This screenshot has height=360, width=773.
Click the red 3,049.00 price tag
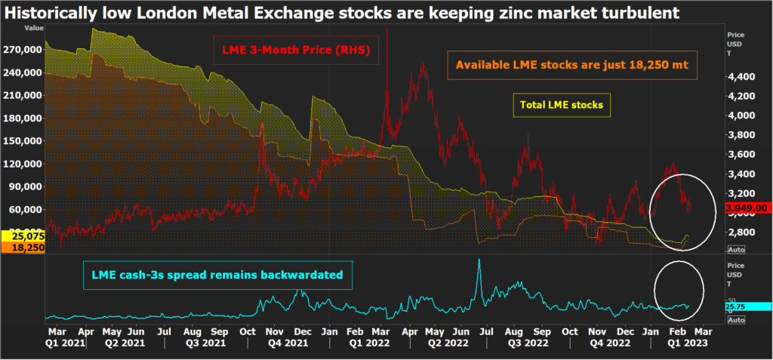[x=746, y=208]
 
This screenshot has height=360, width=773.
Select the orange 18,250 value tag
[x=22, y=247]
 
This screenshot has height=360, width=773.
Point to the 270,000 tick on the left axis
[x=23, y=50]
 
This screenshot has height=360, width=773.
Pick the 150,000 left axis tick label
[x=23, y=141]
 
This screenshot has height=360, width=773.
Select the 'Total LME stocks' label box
[x=562, y=105]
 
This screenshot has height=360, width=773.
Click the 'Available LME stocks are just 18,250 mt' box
[x=571, y=66]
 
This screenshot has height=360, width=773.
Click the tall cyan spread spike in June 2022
[x=479, y=264]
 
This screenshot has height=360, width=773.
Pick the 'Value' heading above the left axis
[x=34, y=27]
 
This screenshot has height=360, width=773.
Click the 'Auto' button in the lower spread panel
[x=737, y=320]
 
